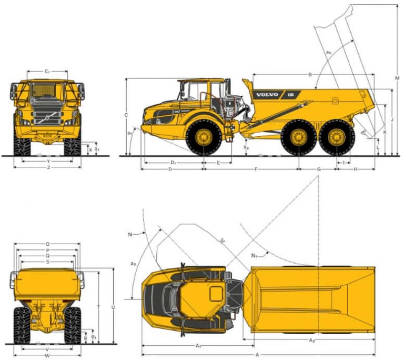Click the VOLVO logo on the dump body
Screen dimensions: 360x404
click(267, 95)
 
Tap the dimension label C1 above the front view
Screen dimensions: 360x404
click(47, 71)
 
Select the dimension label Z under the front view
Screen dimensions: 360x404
click(48, 167)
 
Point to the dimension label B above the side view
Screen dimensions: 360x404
click(310, 75)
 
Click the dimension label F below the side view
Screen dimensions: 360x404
click(256, 169)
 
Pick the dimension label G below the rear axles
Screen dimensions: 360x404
click(318, 169)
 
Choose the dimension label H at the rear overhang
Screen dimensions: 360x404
click(356, 169)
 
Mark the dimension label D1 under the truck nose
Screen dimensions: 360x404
click(173, 163)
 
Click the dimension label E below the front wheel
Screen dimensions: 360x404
click(218, 163)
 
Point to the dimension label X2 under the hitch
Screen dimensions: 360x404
click(246, 148)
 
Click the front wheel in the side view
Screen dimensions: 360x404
click(204, 138)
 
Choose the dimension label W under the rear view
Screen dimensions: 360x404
click(47, 356)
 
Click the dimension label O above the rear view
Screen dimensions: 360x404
click(47, 244)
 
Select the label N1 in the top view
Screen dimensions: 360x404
click(254, 256)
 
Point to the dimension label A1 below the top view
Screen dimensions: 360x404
click(198, 346)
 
